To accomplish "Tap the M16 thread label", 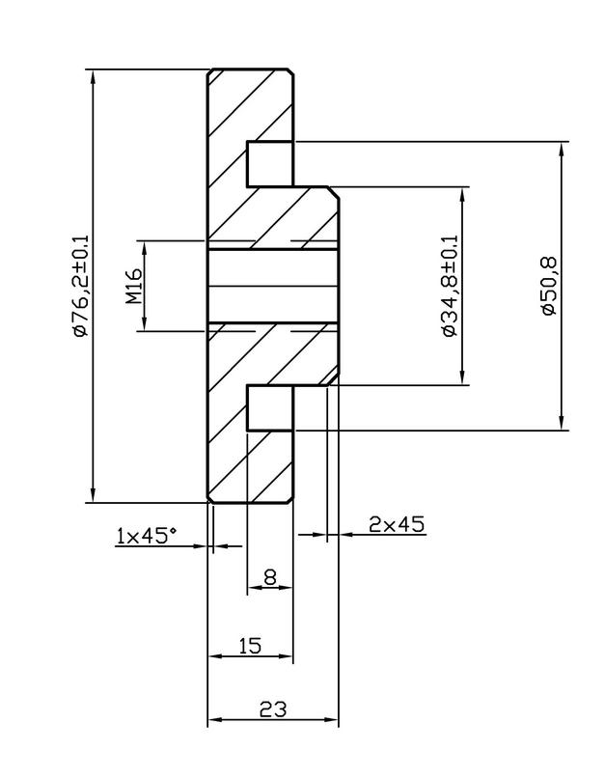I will point(134,286).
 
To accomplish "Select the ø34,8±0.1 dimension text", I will point(449,286).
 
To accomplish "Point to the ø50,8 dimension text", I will point(546,286).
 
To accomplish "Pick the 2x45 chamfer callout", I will point(396,524).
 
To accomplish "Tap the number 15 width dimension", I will point(249,645).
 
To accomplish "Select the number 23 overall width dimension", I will point(273,709).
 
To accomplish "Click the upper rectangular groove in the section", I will point(269,163).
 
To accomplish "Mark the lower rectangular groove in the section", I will point(269,408).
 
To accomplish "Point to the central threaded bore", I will point(273,286).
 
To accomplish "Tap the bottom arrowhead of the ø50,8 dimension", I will point(561,424).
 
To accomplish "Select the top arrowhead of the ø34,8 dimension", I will point(464,193).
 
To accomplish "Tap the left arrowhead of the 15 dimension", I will point(215,656).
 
